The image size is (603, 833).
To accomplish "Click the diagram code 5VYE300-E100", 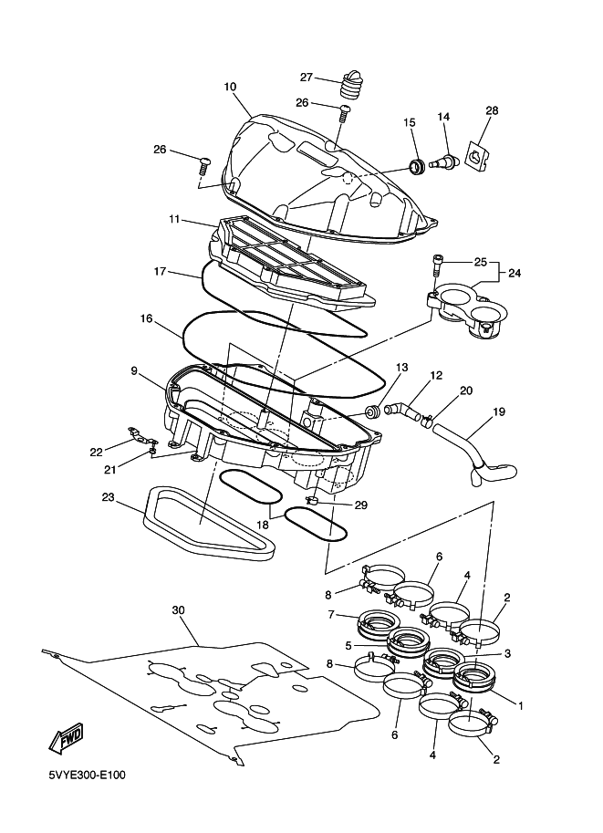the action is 88,776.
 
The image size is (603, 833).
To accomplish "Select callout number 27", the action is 307,78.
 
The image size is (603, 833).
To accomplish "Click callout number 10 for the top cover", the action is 230,87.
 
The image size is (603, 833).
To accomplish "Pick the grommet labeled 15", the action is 417,165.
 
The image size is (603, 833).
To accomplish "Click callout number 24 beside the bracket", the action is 515,273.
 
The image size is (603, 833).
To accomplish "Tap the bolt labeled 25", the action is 436,264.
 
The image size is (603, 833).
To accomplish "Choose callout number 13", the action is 401,367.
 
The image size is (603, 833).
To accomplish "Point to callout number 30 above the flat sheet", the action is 179,610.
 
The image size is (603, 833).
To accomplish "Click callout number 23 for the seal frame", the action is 109,497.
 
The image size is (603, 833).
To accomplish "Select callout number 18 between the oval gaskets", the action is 264,525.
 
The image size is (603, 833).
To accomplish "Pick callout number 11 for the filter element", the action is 175,219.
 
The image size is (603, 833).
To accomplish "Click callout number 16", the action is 147,318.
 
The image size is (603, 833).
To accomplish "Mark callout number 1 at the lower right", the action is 521,706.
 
